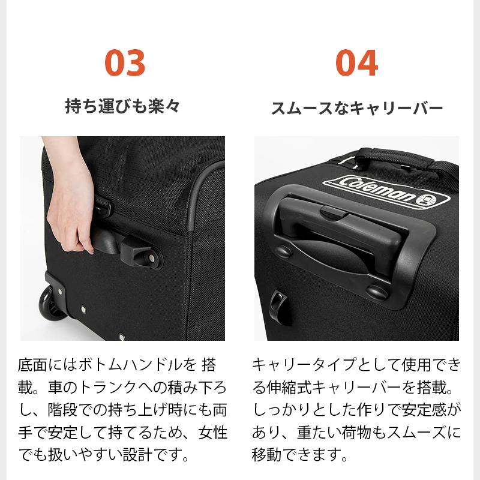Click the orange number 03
(125, 63)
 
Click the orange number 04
(356, 63)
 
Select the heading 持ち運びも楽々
(122, 107)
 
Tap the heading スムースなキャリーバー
(356, 108)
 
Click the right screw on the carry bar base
(376, 292)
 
